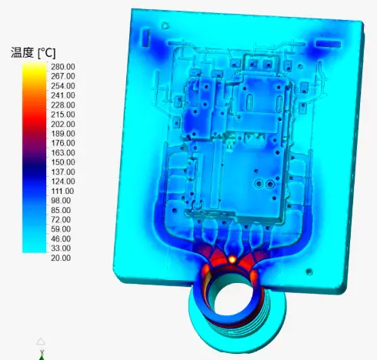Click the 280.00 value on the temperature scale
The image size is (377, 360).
coord(63,67)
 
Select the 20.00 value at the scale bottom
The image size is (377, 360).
coord(61,258)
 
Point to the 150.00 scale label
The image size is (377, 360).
coord(63,162)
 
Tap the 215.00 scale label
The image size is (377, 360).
coord(63,115)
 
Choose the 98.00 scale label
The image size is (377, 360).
coord(61,201)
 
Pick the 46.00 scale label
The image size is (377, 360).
coord(61,238)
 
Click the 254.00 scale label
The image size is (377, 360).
coord(63,86)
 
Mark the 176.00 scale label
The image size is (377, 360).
coord(63,143)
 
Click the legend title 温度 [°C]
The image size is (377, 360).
coord(33,53)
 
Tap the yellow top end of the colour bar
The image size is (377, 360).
coord(35,67)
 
